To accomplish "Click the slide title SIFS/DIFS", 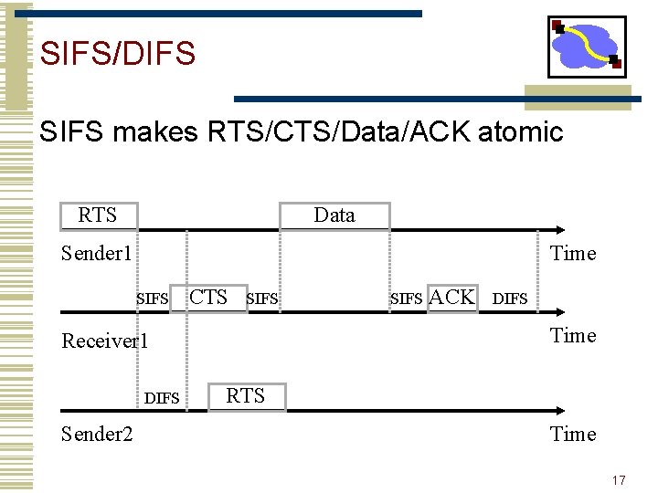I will [x=118, y=53].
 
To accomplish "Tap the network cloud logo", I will [x=586, y=47].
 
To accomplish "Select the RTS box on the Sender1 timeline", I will [x=98, y=215].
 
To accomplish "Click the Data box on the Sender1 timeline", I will [x=334, y=215].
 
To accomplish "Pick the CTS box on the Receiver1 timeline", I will [x=209, y=297].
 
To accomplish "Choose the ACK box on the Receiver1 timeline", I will [x=452, y=297].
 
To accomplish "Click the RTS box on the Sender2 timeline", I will [x=245, y=396].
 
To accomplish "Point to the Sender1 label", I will [x=96, y=254].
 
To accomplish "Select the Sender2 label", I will [x=96, y=435].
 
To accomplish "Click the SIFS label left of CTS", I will [x=153, y=299].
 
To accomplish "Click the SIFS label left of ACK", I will [x=407, y=299].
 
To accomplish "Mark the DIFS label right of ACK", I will [x=510, y=299].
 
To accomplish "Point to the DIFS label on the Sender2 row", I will [x=162, y=398].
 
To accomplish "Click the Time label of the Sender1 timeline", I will [x=573, y=254].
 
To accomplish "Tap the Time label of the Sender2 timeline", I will [x=573, y=435].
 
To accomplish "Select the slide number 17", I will [x=619, y=480].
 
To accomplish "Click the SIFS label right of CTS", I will [x=262, y=299].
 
